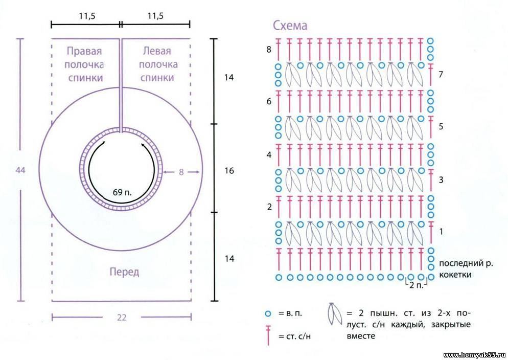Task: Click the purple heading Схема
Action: click(290, 25)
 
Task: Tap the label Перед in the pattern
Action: click(124, 272)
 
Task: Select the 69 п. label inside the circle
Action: click(122, 192)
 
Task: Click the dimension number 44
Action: click(20, 170)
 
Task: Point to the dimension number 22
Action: click(122, 318)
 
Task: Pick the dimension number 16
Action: click(229, 170)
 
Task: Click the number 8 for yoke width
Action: click(181, 172)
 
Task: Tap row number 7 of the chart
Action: click(441, 74)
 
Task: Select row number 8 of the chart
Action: click(269, 50)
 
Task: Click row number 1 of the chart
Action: click(441, 232)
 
